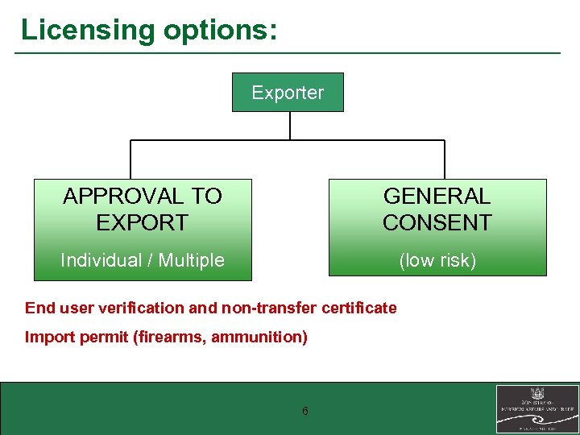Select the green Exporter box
[288, 93]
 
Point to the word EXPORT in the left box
[142, 222]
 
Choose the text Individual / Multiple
[143, 260]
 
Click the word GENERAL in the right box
[437, 196]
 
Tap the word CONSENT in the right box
[437, 222]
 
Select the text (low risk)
[437, 260]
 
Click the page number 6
[305, 412]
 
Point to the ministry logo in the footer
[536, 409]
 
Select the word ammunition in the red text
[261, 337]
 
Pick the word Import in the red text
[48, 337]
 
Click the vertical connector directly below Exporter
[289, 126]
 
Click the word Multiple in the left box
[192, 260]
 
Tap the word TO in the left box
[205, 196]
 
